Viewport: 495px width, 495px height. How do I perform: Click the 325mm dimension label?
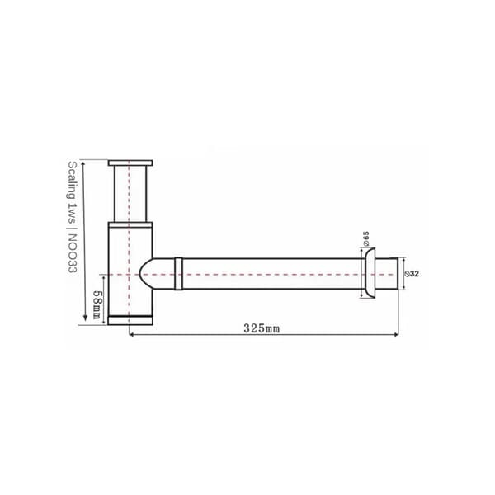[x=262, y=328]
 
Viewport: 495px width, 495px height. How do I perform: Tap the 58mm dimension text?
[x=97, y=304]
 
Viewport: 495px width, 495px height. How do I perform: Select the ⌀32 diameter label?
[x=412, y=274]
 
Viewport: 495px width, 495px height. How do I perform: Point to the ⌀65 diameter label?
[x=365, y=238]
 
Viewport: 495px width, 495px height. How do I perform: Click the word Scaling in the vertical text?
[x=73, y=180]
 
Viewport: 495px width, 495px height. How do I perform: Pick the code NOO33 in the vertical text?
[x=73, y=253]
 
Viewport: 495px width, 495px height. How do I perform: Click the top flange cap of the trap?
[x=130, y=163]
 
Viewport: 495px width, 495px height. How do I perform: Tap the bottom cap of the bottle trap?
[x=130, y=320]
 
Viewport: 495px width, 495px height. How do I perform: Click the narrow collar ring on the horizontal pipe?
[x=178, y=274]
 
